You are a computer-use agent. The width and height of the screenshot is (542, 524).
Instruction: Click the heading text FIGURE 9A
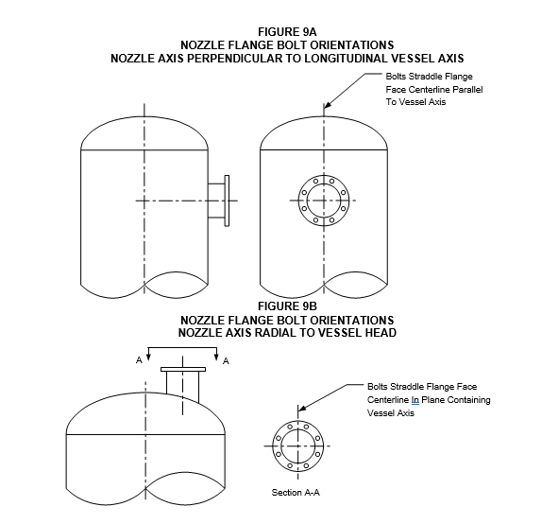click(287, 32)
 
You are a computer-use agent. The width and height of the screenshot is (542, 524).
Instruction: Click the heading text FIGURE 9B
click(287, 306)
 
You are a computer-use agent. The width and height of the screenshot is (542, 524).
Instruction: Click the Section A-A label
click(296, 493)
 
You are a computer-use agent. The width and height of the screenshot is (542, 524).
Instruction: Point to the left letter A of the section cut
click(139, 360)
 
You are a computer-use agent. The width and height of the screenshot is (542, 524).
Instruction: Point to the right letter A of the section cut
click(226, 361)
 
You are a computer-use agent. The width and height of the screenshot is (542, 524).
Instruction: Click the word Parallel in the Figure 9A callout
click(467, 89)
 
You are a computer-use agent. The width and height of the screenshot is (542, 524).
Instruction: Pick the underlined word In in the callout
click(415, 400)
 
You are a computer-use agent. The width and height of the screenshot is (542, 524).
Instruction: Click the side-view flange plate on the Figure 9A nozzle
click(227, 201)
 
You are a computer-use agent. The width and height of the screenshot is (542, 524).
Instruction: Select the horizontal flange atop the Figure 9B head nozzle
click(183, 369)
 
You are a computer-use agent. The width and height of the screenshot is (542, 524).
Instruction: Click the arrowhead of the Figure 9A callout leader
click(327, 105)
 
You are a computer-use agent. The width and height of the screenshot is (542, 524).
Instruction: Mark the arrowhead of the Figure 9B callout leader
click(301, 408)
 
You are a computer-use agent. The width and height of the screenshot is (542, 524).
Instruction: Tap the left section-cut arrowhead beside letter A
click(148, 357)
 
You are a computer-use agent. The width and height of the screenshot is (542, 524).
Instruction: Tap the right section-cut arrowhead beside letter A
click(217, 357)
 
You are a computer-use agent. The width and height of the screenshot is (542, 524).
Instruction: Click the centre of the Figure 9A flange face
click(324, 201)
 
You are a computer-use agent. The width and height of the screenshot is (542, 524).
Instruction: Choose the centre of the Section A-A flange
click(298, 446)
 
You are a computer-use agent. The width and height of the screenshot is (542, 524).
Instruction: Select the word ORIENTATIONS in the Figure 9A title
click(352, 45)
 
